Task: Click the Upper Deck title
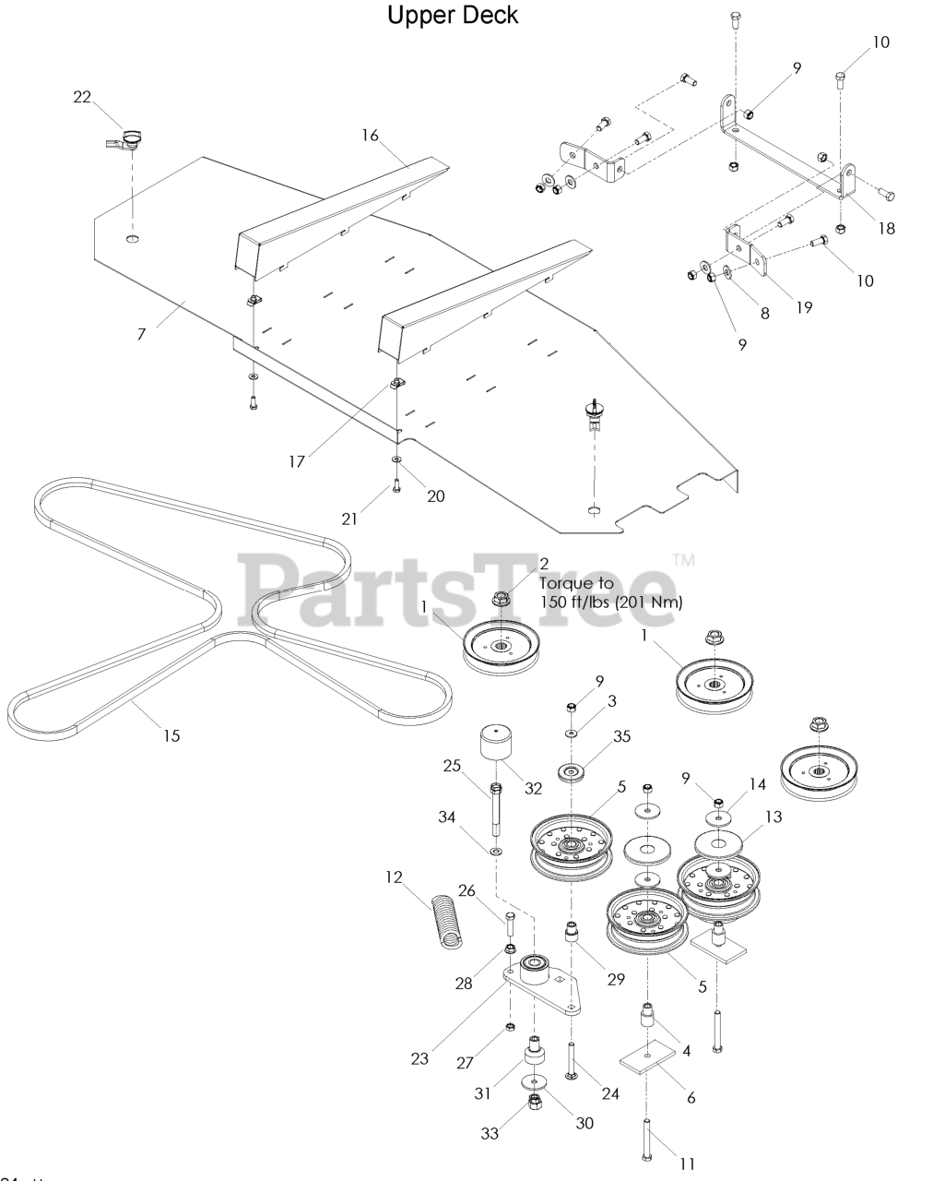click(x=453, y=16)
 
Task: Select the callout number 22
click(x=83, y=99)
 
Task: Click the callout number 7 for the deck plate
click(x=141, y=334)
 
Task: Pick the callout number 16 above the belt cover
click(x=370, y=135)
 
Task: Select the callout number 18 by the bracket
click(x=886, y=228)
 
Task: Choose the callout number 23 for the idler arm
click(x=419, y=1059)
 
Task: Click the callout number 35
click(x=621, y=736)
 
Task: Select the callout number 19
click(x=804, y=307)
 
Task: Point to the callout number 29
click(x=616, y=980)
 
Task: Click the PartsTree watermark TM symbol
click(x=683, y=559)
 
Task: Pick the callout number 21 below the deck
click(x=349, y=519)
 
